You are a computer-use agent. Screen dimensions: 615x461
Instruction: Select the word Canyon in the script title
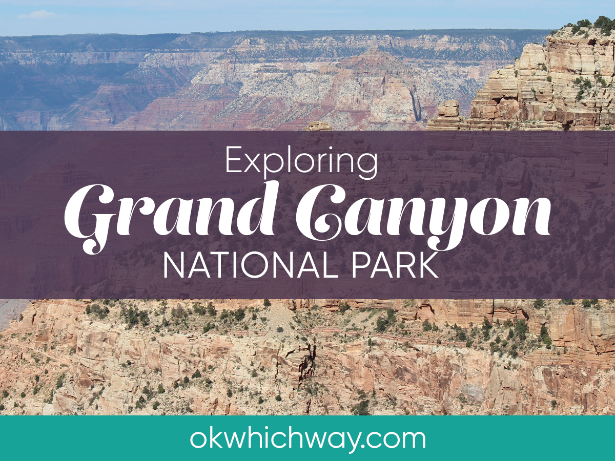pyautogui.click(x=423, y=217)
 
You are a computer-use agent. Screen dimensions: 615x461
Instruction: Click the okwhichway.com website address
pyautogui.click(x=307, y=439)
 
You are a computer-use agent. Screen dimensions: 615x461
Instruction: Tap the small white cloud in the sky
pyautogui.click(x=38, y=14)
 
